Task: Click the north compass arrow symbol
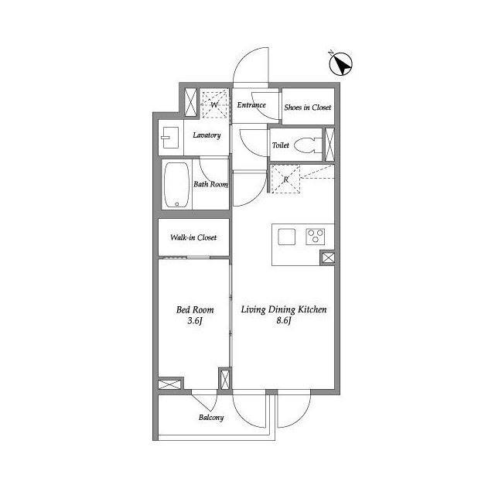click(340, 63)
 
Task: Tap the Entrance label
click(251, 105)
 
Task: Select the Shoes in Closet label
click(308, 108)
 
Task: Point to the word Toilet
click(280, 145)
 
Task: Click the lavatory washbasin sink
click(170, 138)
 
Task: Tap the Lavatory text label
click(207, 135)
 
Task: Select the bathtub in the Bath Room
click(177, 185)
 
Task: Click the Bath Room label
click(210, 184)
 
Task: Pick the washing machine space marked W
click(215, 104)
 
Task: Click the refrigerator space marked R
click(285, 179)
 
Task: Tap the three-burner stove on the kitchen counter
click(315, 237)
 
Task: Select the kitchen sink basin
click(287, 237)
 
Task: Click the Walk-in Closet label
click(193, 237)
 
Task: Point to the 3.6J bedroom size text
click(194, 321)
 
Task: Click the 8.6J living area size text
click(284, 320)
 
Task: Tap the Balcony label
click(211, 418)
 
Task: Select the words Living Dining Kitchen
click(284, 309)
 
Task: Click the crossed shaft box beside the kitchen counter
click(328, 258)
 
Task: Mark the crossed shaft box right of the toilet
click(329, 145)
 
